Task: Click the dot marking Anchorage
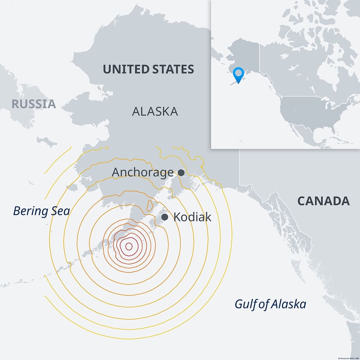[x=181, y=173]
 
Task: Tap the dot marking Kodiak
[x=165, y=217]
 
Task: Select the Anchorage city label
[x=143, y=173]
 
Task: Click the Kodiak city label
[x=192, y=217]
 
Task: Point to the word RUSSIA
[x=34, y=104]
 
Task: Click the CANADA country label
[x=323, y=201]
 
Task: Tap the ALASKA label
[x=155, y=112]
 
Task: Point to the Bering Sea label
[x=41, y=211]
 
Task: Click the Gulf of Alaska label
[x=270, y=304]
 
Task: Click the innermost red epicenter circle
[x=129, y=246]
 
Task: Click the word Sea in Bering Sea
[x=60, y=211]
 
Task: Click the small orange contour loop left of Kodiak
[x=150, y=205]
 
